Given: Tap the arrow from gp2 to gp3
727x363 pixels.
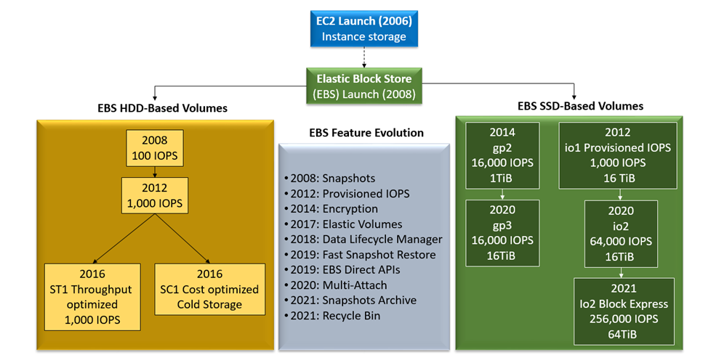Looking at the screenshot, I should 502,194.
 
